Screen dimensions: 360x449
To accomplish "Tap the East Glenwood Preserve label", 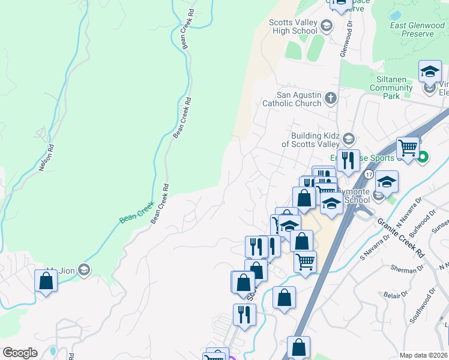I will tap(412, 29).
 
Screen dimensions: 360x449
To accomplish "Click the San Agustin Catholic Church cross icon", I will tap(330, 98).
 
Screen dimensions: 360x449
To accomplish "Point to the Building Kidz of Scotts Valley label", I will tap(310, 140).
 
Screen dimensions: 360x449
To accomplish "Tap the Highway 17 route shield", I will tap(369, 173).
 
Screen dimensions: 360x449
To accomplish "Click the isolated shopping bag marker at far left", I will tap(46, 281).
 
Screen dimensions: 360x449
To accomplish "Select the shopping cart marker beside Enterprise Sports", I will tap(408, 147).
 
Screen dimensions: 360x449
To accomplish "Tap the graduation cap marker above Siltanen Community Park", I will tap(430, 71).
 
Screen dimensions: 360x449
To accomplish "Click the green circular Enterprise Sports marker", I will tap(423, 158).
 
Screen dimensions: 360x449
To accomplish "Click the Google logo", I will tap(20, 353).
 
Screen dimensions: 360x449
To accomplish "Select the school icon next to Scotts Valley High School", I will tap(326, 25).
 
